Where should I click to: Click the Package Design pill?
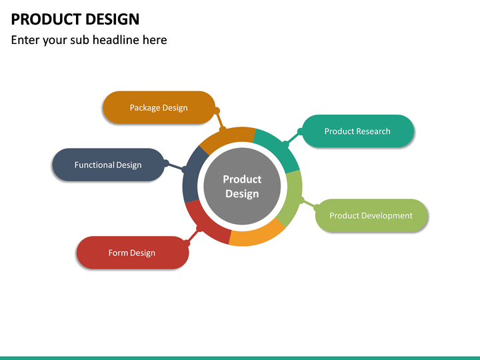pyautogui.click(x=159, y=107)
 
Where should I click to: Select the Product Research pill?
pyautogui.click(x=358, y=131)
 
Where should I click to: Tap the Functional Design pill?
pyautogui.click(x=109, y=165)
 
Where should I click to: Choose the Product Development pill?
pyautogui.click(x=371, y=215)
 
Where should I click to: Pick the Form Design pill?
pyautogui.click(x=133, y=253)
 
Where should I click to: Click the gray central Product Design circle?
pyautogui.click(x=242, y=186)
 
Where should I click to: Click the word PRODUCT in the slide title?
pyautogui.click(x=46, y=19)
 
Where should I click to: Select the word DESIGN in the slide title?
pyautogui.click(x=113, y=19)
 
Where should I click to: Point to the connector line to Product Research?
pyautogui.click(x=293, y=138)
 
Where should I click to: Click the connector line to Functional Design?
pyautogui.click(x=175, y=166)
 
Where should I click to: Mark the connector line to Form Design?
pyautogui.click(x=193, y=236)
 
